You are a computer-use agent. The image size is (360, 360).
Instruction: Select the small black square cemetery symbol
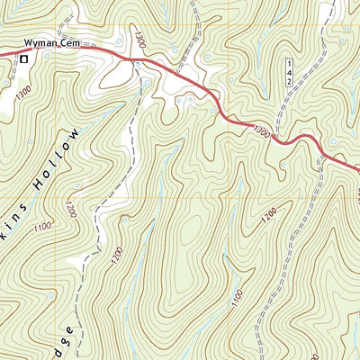(24, 58)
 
